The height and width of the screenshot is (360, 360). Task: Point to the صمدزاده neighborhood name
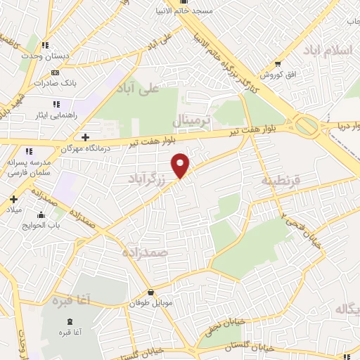pos(144,251)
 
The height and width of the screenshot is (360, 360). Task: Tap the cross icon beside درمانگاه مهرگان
pos(85,137)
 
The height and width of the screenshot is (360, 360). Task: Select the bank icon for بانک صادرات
pos(55,72)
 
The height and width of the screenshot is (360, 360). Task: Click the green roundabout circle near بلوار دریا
pos(307,127)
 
